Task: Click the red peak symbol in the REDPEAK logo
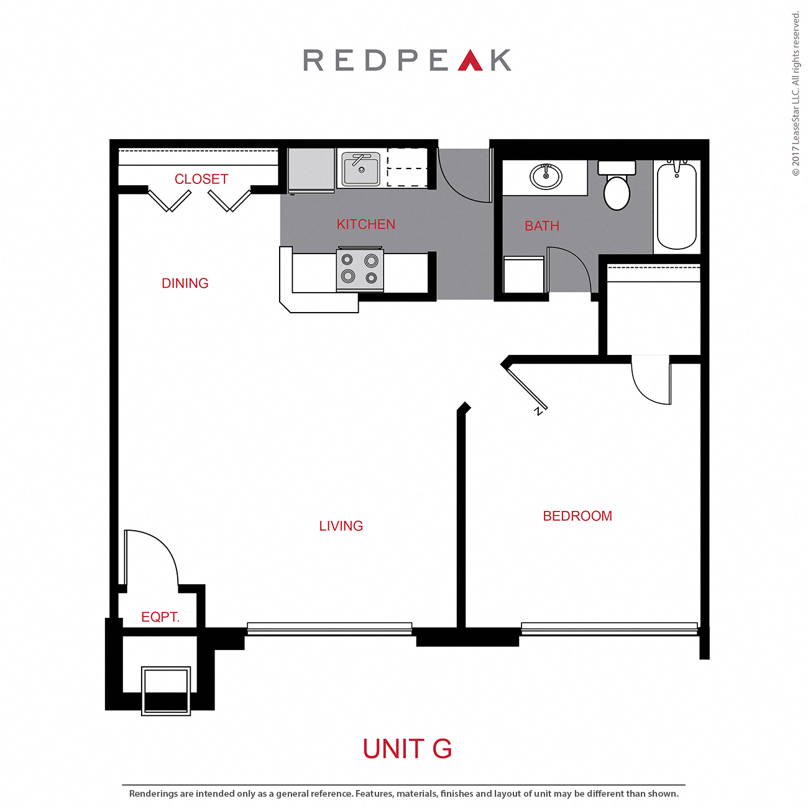point(470,60)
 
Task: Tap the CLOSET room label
point(201,179)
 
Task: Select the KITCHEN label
point(365,224)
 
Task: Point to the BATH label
point(542,226)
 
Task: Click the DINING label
point(185,283)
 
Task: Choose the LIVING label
point(341,526)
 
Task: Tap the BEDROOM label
point(577,516)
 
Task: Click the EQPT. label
point(160,617)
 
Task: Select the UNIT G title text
point(407,749)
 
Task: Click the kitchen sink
point(360,169)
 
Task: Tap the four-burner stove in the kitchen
point(360,269)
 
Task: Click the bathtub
point(677,205)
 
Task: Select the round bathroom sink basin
point(546,177)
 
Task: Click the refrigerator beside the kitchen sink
point(311,170)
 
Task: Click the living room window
point(329,628)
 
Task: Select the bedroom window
point(609,628)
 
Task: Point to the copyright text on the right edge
point(796,93)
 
